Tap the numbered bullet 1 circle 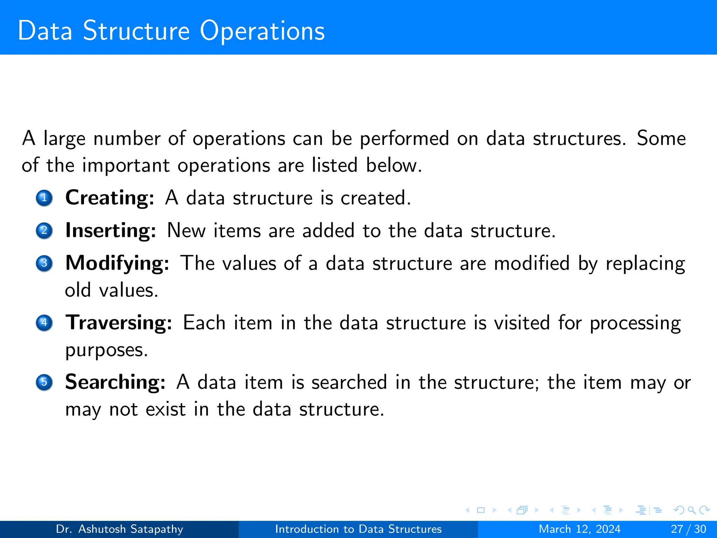(44, 198)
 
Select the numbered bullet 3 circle (44, 263)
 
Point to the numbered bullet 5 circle (44, 382)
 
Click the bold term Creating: (110, 198)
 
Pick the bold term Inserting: (111, 230)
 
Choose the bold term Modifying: (117, 263)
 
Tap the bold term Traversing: (119, 323)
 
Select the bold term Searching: (115, 382)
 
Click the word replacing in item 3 (645, 264)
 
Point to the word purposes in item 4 (106, 350)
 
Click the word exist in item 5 (165, 409)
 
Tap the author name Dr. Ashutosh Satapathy (119, 529)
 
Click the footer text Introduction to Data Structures (358, 529)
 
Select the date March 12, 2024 (579, 529)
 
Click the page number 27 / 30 (688, 529)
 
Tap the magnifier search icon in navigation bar (691, 510)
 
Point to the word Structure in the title (136, 31)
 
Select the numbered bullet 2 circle (44, 230)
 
